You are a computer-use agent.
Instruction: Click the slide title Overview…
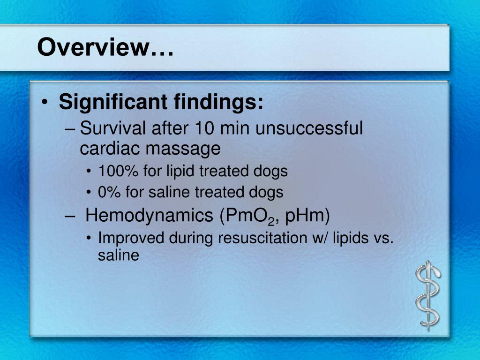(x=105, y=47)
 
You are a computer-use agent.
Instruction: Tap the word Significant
(x=113, y=102)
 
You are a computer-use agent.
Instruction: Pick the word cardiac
(x=109, y=149)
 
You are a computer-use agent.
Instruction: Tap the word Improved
(x=131, y=238)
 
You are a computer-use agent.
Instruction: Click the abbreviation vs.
(x=384, y=238)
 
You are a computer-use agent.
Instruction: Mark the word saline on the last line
(x=119, y=255)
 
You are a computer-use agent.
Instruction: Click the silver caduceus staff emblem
(x=427, y=296)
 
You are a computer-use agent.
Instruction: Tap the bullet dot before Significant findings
(x=44, y=103)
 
